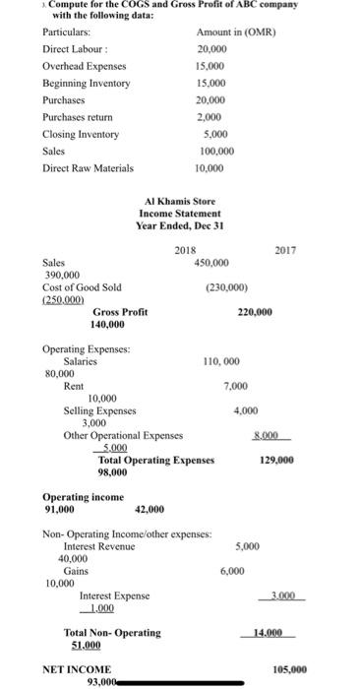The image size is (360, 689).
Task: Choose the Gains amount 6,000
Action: pyautogui.click(x=232, y=571)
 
